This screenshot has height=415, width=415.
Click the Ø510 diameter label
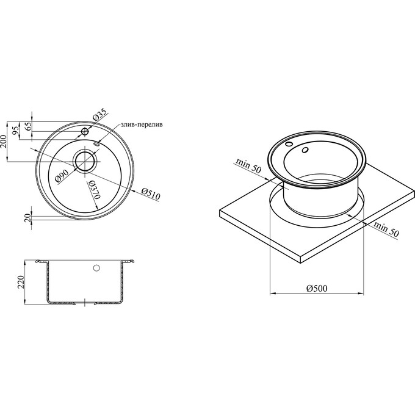151,194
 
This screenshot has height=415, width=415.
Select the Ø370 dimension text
94,190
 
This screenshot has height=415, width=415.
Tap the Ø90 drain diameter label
62,176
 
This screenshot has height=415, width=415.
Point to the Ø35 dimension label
99,115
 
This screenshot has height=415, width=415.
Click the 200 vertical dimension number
4,142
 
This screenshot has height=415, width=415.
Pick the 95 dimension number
16,130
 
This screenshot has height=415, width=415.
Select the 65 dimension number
29,126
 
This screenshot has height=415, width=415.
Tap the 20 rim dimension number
28,218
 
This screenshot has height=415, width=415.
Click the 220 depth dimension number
21,282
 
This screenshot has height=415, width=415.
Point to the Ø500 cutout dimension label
317,288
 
